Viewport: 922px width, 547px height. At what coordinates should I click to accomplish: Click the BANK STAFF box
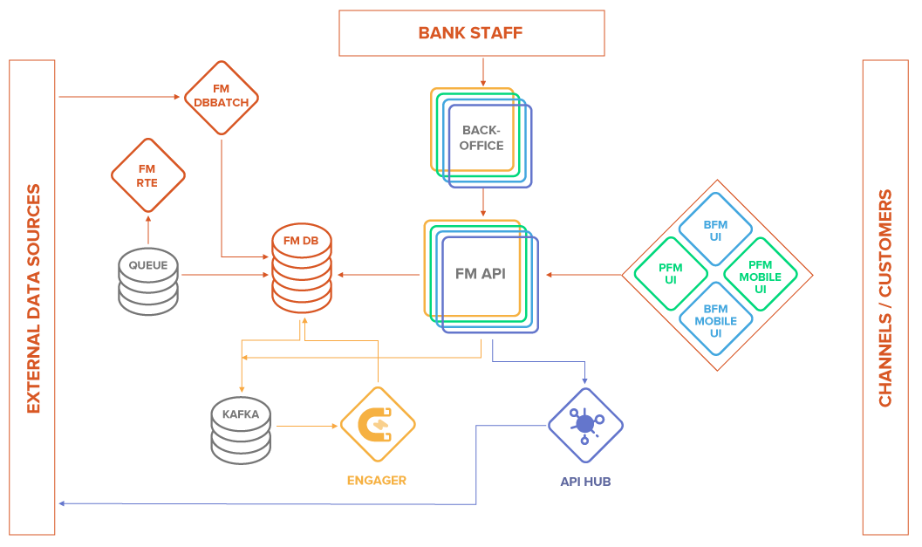pyautogui.click(x=471, y=33)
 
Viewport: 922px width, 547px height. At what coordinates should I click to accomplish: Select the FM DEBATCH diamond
pyautogui.click(x=222, y=97)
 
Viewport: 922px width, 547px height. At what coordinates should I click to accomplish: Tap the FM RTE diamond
pyautogui.click(x=147, y=174)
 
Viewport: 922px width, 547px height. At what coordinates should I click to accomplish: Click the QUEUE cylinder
pyautogui.click(x=147, y=281)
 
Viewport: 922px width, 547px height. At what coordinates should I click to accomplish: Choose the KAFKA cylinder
pyautogui.click(x=240, y=429)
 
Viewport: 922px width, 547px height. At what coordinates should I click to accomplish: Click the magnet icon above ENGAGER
pyautogui.click(x=377, y=425)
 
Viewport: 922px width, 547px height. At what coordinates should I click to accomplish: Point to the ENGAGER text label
pyautogui.click(x=377, y=481)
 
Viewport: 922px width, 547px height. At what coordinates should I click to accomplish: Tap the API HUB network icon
pyautogui.click(x=584, y=425)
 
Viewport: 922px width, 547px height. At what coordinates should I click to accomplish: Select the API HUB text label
pyautogui.click(x=584, y=481)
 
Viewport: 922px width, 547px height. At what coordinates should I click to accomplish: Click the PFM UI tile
pyautogui.click(x=670, y=274)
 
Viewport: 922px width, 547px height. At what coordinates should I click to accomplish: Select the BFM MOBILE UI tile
pyautogui.click(x=716, y=319)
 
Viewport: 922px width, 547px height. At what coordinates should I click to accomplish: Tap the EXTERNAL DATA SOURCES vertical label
pyautogui.click(x=33, y=297)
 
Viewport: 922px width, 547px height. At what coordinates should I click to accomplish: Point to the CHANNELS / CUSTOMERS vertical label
pyautogui.click(x=885, y=297)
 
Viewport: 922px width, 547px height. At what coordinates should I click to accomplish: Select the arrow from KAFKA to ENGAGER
pyautogui.click(x=305, y=426)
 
